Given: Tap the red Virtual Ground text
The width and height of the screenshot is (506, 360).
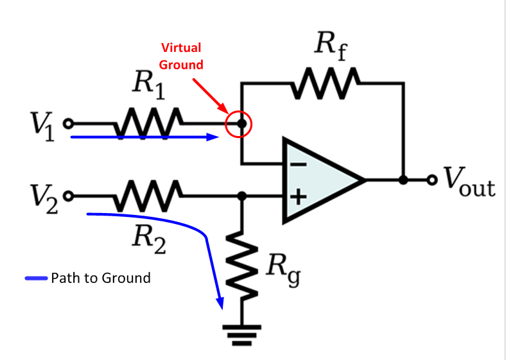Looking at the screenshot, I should click(x=181, y=56).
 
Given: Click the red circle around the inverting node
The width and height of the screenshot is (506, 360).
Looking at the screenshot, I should click(x=238, y=124).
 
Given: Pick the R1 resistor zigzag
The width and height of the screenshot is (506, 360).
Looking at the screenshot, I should click(x=150, y=122).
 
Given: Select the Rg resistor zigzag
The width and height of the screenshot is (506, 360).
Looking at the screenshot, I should click(x=242, y=270).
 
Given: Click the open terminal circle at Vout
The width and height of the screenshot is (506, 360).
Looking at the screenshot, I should click(x=432, y=180).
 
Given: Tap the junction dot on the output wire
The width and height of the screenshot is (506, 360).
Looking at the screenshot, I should click(x=403, y=180).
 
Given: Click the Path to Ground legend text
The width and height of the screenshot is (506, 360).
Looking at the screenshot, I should click(x=100, y=278).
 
